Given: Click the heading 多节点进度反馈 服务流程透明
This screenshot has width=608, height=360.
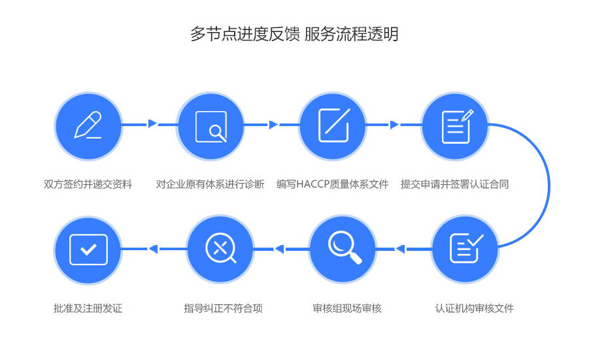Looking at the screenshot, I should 294,35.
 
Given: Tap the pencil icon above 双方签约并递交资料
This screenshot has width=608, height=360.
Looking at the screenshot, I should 88,125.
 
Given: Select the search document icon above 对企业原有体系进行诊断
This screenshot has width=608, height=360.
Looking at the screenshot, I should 211,126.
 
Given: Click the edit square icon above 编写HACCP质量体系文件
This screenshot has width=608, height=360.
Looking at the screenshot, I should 333,125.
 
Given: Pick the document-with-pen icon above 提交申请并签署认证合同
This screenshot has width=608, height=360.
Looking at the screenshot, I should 456,125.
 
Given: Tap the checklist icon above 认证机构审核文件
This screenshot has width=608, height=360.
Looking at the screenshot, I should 465,248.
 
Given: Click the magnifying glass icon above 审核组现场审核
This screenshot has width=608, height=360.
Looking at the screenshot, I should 343,249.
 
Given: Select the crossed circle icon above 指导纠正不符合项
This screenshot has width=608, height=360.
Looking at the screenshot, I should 220,249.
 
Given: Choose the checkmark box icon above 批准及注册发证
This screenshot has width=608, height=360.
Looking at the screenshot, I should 88,249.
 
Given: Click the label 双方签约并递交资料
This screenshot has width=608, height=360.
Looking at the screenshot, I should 88,184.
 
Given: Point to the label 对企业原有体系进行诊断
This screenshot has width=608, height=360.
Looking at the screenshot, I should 211,184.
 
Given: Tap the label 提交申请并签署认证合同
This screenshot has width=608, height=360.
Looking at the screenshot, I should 455,184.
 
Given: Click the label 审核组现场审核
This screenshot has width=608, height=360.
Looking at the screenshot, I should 347,308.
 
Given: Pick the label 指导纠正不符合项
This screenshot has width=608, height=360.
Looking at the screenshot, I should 224,308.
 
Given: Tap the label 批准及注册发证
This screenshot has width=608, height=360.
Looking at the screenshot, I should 88,308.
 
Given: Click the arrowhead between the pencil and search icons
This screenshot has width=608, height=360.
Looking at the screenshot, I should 152,123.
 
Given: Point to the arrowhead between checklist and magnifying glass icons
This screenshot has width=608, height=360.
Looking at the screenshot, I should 400,249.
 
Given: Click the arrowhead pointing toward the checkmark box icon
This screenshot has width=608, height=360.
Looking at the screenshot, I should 153,249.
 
